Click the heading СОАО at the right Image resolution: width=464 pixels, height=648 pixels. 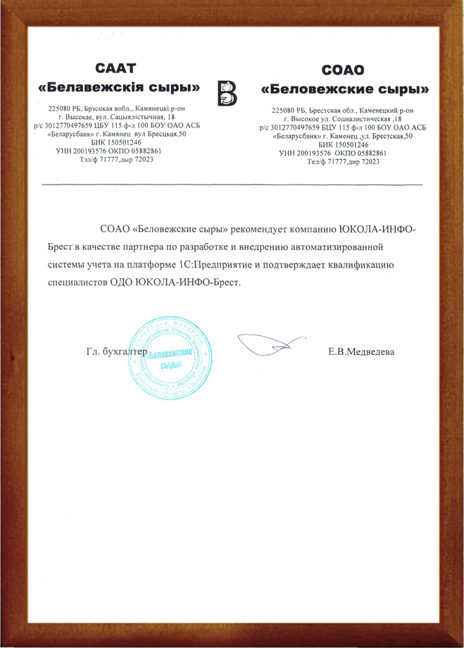click(343, 70)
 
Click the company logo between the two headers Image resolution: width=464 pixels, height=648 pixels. click(228, 93)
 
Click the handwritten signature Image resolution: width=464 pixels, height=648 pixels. click(272, 344)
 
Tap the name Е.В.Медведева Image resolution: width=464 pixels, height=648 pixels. click(362, 350)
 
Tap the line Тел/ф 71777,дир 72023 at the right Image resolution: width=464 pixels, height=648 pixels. click(343, 161)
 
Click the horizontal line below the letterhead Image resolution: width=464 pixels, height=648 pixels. click(232, 185)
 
